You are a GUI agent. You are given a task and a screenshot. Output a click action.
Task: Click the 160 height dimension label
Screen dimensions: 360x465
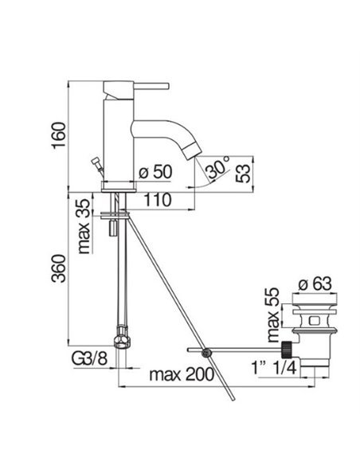(x=58, y=135)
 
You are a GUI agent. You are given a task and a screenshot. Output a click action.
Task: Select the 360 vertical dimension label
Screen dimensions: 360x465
(x=58, y=268)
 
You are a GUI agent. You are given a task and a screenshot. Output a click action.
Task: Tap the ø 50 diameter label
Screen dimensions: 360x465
(x=155, y=172)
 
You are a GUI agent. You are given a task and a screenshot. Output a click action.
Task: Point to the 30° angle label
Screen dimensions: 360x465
(x=217, y=167)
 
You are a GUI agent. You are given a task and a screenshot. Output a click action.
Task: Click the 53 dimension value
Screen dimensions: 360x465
(x=243, y=174)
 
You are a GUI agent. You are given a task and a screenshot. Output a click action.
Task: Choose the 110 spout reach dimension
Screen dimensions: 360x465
(x=158, y=200)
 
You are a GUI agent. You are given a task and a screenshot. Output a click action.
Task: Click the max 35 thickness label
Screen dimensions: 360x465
(x=84, y=226)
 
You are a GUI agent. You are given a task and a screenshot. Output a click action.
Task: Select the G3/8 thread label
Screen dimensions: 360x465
(x=89, y=359)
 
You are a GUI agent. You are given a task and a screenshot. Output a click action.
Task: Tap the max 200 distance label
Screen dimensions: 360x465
(x=182, y=374)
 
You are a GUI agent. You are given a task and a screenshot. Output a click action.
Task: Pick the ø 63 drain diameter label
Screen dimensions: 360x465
(x=315, y=284)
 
